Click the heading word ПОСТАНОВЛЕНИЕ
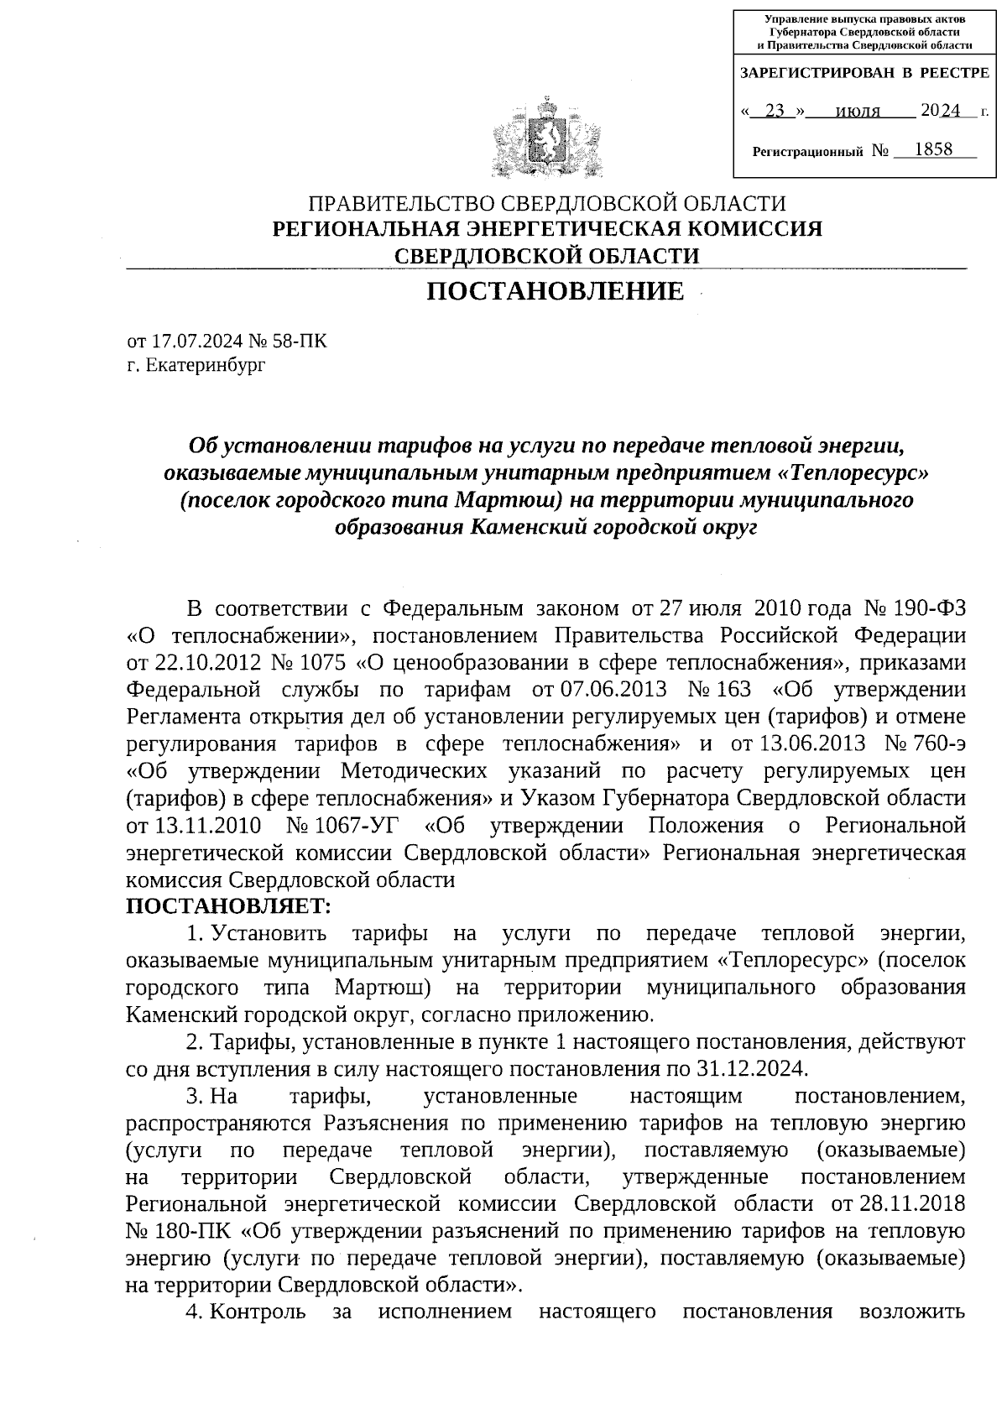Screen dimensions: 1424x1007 click(555, 292)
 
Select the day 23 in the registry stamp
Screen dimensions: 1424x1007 click(780, 110)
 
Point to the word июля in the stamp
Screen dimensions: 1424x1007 click(859, 111)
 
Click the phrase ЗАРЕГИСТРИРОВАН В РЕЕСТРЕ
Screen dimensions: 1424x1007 click(864, 74)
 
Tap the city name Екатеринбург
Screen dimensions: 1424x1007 click(206, 366)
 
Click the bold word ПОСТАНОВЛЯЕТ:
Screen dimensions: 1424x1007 click(229, 906)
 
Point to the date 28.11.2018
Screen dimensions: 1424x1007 click(912, 1204)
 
